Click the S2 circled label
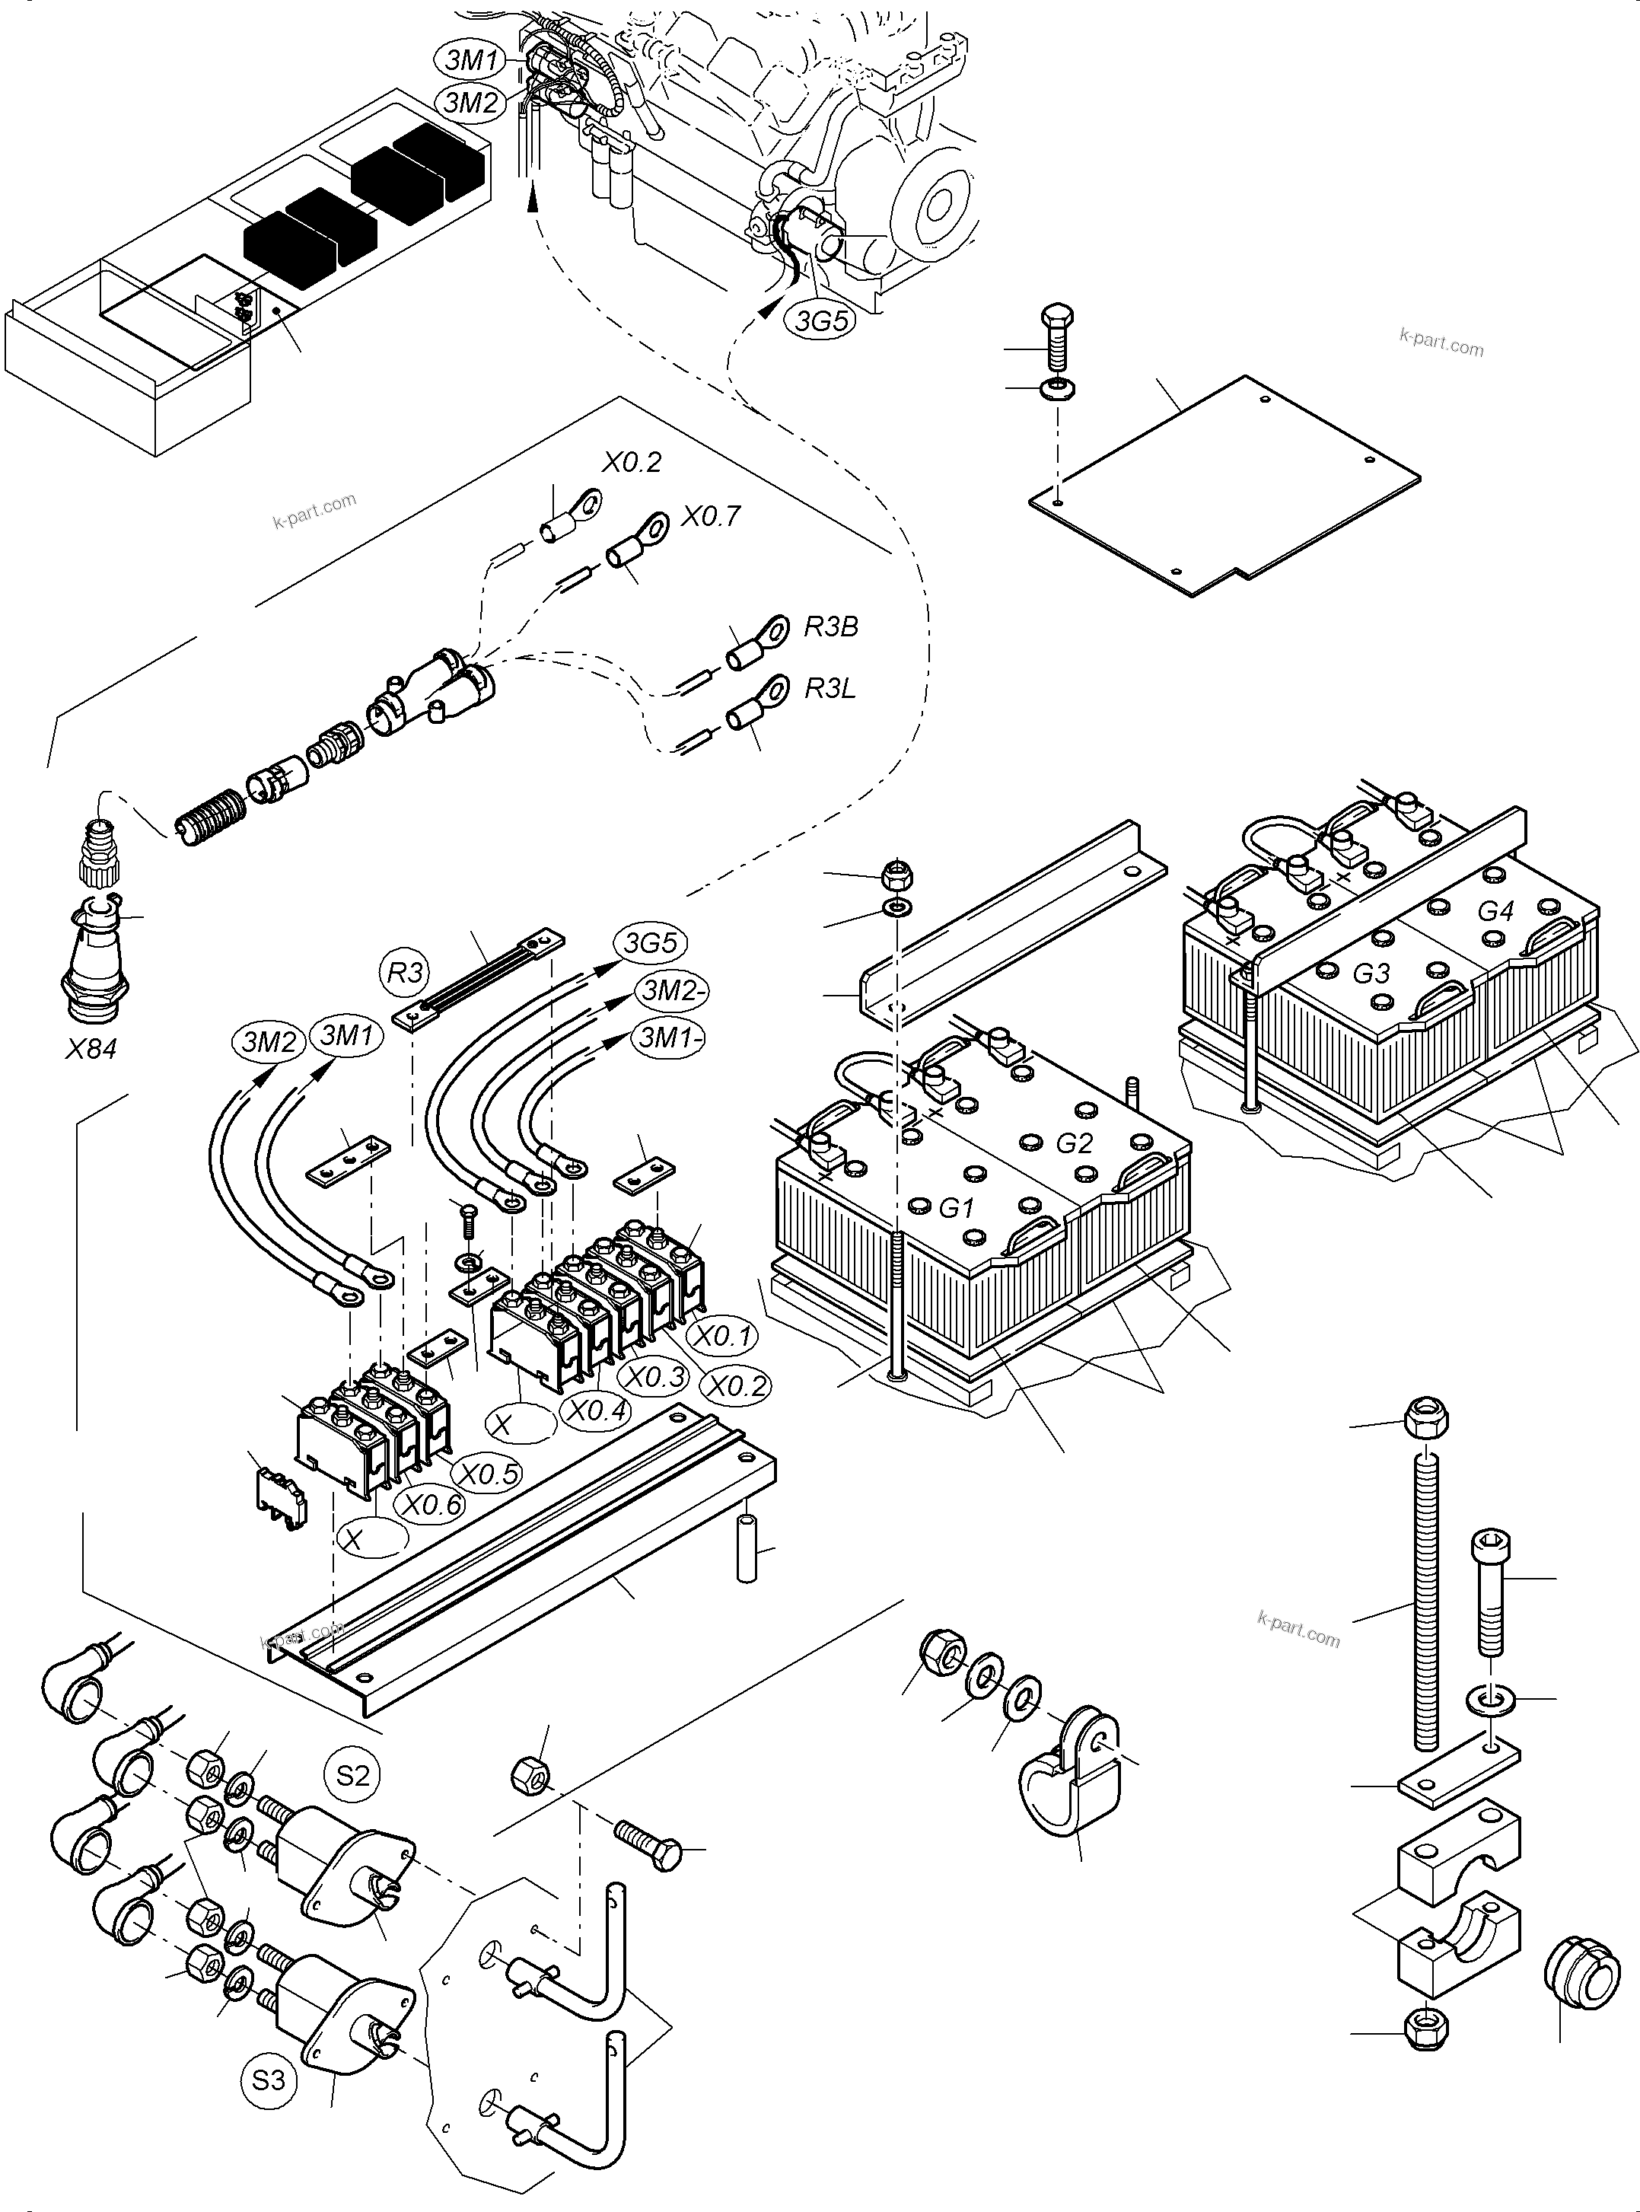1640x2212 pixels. pyautogui.click(x=352, y=1774)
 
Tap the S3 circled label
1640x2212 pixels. pyautogui.click(x=268, y=2079)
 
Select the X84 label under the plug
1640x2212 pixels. pyautogui.click(x=91, y=1048)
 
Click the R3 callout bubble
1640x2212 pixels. pyautogui.click(x=405, y=972)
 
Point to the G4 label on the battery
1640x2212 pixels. pyautogui.click(x=1495, y=910)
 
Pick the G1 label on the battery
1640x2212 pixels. pyautogui.click(x=955, y=1208)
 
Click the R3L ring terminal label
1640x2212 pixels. pyautogui.click(x=829, y=688)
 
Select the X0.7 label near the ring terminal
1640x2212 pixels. pyautogui.click(x=711, y=516)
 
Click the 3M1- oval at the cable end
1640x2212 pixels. pyautogui.click(x=672, y=1037)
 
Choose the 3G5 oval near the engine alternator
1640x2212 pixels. pyautogui.click(x=820, y=320)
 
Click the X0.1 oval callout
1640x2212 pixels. pyautogui.click(x=723, y=1337)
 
